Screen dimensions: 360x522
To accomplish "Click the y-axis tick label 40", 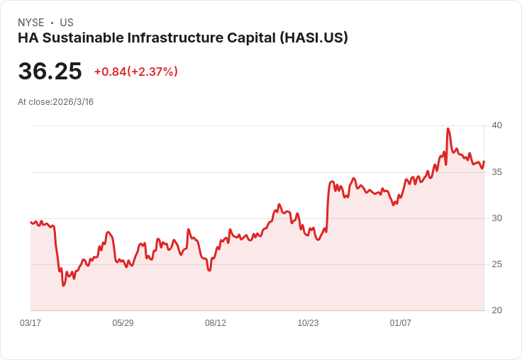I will pos(496,125).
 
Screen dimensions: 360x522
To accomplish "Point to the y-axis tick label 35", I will pos(496,172).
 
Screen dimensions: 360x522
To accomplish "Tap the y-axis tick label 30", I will pos(496,218).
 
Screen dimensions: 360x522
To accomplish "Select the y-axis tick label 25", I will pos(496,264).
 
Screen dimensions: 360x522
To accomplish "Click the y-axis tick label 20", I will pos(496,310).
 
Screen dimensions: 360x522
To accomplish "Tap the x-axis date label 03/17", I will pos(30,323).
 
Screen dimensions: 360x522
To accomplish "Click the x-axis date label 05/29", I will pos(123,323).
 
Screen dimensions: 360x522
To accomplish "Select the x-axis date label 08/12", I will pos(216,323).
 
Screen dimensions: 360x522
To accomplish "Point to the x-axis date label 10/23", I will pos(308,323).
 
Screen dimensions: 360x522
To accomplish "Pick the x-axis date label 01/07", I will pos(401,323).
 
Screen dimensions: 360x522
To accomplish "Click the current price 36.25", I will pos(50,72).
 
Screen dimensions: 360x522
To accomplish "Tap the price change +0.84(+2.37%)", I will pos(135,72).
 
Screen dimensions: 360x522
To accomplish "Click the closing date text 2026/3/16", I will pos(73,102).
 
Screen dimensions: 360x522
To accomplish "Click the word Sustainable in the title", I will pos(78,38).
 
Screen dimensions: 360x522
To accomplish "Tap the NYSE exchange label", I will pos(30,23).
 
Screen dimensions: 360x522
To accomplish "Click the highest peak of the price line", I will pos(448,128).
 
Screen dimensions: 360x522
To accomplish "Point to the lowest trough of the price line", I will pos(63,286).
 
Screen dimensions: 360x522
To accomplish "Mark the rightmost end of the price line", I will pos(484,162).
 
